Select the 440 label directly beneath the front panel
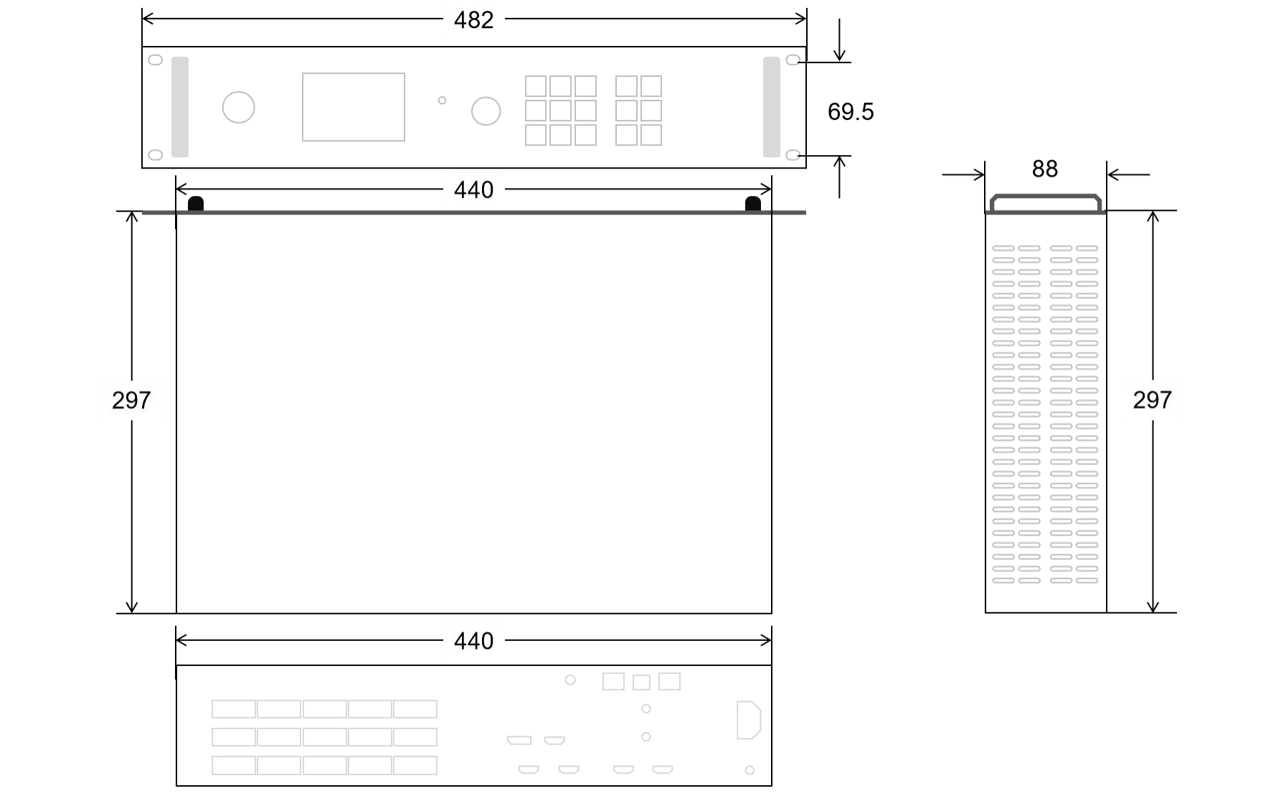pyautogui.click(x=473, y=190)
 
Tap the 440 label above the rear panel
pyautogui.click(x=473, y=640)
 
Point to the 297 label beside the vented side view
pyautogui.click(x=1153, y=401)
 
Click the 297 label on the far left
pyautogui.click(x=132, y=401)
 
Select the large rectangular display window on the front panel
pyautogui.click(x=353, y=106)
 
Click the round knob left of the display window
pyautogui.click(x=238, y=107)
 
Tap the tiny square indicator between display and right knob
pyautogui.click(x=442, y=100)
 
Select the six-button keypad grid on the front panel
pyautogui.click(x=640, y=111)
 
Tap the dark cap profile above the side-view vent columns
pyautogui.click(x=1045, y=204)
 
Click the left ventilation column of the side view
pyautogui.click(x=1016, y=413)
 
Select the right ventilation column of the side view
pyautogui.click(x=1076, y=413)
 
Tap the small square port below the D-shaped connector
pyautogui.click(x=748, y=769)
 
